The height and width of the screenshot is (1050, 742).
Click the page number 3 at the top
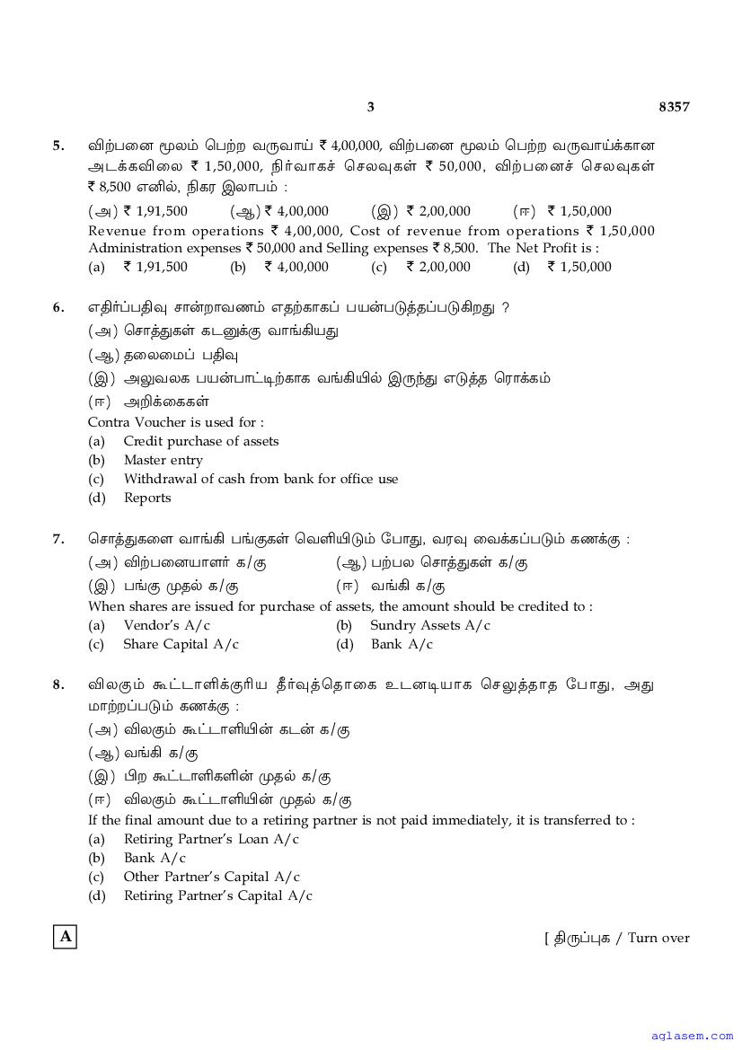tap(370, 107)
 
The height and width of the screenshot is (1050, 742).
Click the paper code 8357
tap(674, 107)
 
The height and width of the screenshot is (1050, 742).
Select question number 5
tap(58, 146)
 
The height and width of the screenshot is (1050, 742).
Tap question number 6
tap(58, 307)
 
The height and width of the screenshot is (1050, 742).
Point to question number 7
tap(58, 539)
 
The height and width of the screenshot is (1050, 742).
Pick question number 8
tap(58, 684)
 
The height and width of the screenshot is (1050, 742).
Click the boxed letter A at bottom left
tap(66, 937)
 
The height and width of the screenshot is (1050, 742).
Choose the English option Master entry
tap(163, 460)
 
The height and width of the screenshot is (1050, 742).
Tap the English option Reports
tap(147, 498)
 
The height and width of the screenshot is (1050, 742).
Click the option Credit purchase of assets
tap(201, 441)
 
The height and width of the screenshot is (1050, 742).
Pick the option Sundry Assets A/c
tap(430, 625)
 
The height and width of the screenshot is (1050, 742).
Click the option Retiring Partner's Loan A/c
tap(211, 839)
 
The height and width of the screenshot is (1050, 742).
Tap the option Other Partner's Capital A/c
tap(212, 877)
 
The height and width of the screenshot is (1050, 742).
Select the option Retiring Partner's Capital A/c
tap(218, 896)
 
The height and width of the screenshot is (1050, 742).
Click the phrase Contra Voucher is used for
tap(176, 422)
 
